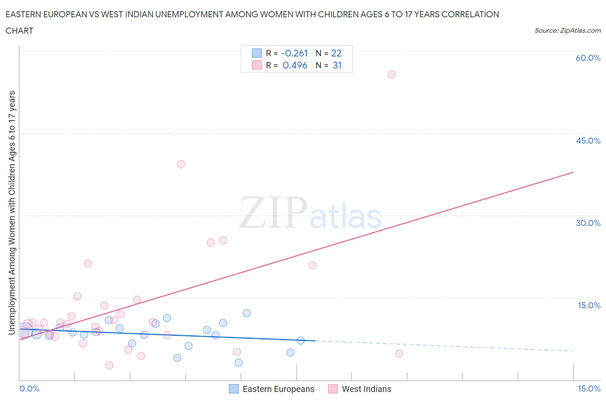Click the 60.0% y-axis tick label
pyautogui.click(x=588, y=58)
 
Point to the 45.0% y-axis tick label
pyautogui.click(x=588, y=141)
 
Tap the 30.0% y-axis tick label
pyautogui.click(x=588, y=223)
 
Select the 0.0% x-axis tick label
pyautogui.click(x=29, y=388)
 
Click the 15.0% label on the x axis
pyautogui.click(x=589, y=388)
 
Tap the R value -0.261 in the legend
pyautogui.click(x=294, y=53)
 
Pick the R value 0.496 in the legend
pyautogui.click(x=295, y=65)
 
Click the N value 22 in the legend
pyautogui.click(x=336, y=53)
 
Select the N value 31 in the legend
pyautogui.click(x=337, y=65)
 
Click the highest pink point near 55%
pyautogui.click(x=391, y=74)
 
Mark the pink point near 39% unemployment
pyautogui.click(x=181, y=164)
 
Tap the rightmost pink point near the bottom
pyautogui.click(x=399, y=354)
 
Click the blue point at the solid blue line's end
pyautogui.click(x=300, y=341)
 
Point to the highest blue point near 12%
pyautogui.click(x=247, y=313)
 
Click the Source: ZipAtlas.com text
pyautogui.click(x=567, y=31)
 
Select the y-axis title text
pyautogui.click(x=12, y=213)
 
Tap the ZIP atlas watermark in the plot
pyautogui.click(x=310, y=213)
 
